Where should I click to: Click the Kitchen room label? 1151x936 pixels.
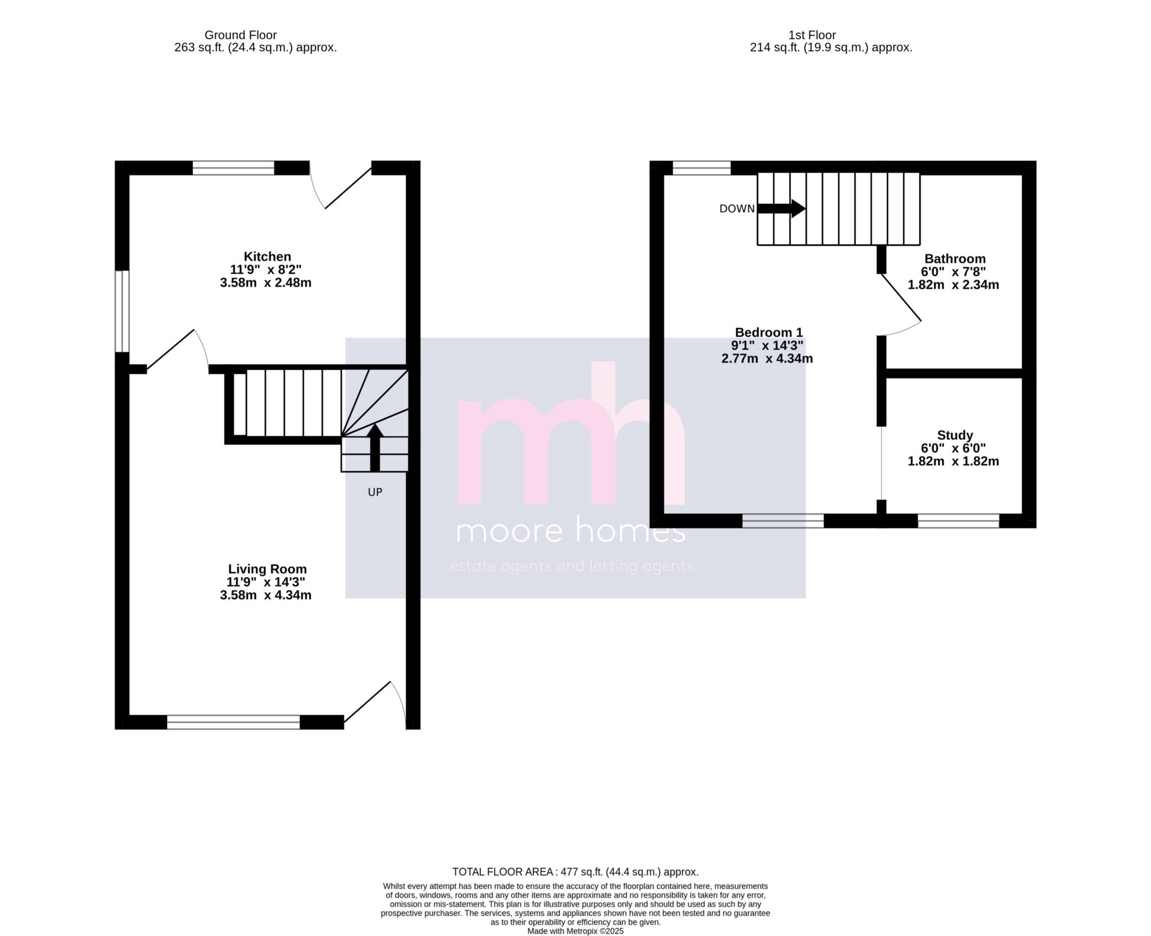(267, 256)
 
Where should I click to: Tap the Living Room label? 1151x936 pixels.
(267, 569)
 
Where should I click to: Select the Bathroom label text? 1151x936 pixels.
(955, 259)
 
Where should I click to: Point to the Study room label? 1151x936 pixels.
(955, 435)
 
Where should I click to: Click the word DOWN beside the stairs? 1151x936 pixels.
(737, 209)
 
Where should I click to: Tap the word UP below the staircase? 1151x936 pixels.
(375, 492)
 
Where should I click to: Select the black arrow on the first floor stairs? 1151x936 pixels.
(782, 209)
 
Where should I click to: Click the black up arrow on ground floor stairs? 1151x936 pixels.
(375, 447)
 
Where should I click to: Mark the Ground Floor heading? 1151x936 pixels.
(241, 35)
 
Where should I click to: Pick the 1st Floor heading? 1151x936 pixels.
(812, 35)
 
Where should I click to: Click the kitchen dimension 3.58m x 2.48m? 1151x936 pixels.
(266, 282)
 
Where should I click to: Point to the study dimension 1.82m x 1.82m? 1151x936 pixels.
(953, 461)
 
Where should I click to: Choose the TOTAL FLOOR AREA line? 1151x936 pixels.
(575, 872)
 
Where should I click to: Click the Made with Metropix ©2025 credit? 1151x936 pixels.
(575, 931)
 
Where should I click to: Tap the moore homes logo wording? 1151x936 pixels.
(570, 531)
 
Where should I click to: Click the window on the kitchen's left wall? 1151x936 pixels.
(123, 311)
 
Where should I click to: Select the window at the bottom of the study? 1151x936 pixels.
(958, 521)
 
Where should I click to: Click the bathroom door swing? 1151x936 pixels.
(901, 304)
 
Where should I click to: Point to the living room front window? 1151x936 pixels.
(233, 722)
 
